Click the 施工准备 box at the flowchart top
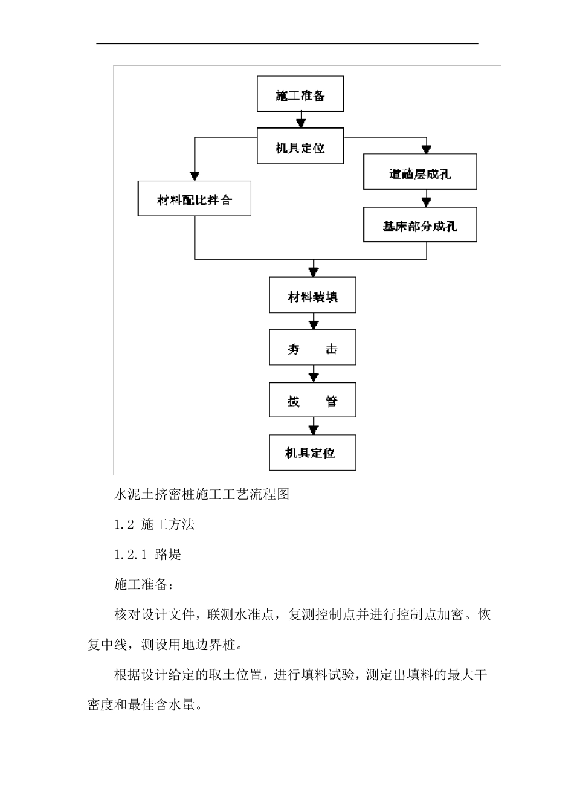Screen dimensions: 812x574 (300, 94)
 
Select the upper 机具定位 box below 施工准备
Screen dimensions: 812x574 (300, 146)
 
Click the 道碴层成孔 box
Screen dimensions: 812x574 (420, 172)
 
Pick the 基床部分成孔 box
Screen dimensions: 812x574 (420, 225)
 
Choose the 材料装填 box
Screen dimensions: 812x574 (312, 295)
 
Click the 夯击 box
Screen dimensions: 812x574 (312, 347)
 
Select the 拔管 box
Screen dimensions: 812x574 (312, 400)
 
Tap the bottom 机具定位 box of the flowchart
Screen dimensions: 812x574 (312, 453)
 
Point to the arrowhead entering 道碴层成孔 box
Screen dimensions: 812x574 (427, 149)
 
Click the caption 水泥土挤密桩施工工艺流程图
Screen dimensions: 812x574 (202, 494)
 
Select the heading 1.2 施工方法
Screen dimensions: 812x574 (155, 524)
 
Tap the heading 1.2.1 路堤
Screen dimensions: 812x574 (148, 555)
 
